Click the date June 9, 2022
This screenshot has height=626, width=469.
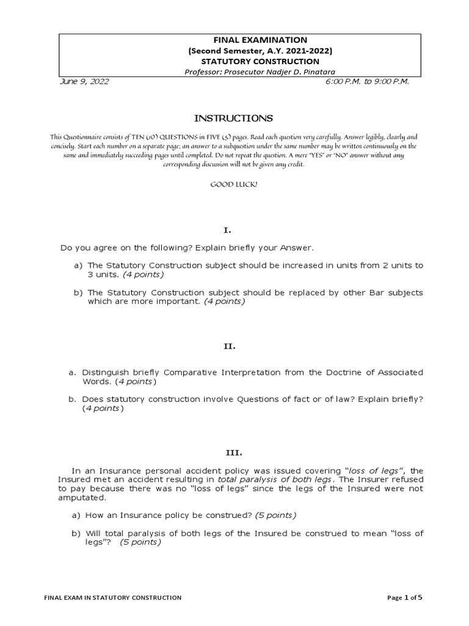[85, 82]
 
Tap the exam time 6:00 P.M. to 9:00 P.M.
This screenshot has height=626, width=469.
[368, 82]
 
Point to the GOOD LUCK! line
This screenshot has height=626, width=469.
[234, 184]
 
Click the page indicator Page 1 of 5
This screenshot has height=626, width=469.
[405, 597]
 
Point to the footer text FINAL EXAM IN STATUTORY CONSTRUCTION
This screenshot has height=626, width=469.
[114, 597]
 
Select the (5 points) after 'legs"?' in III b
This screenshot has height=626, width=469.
[140, 542]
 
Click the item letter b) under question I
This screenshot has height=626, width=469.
[78, 293]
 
